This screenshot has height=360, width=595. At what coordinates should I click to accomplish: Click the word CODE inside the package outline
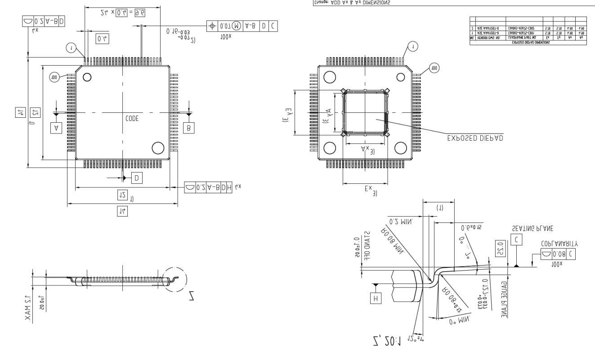(132, 119)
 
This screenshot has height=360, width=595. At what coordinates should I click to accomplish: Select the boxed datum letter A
(57, 128)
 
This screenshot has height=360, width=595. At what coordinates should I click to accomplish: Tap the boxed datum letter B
(189, 128)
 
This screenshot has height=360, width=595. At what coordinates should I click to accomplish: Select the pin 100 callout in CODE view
(54, 77)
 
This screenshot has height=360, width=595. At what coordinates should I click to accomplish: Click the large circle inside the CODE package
(157, 148)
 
